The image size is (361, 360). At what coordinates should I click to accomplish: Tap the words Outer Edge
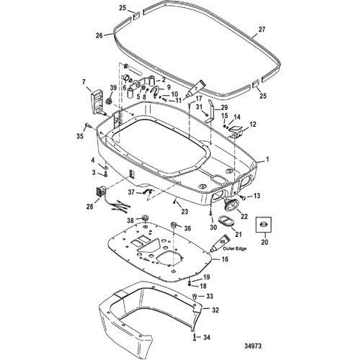point(234,248)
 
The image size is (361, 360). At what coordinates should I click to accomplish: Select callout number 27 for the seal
point(262,30)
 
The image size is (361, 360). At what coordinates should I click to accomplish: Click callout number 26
point(99,35)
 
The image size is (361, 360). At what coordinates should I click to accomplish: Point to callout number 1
point(267,159)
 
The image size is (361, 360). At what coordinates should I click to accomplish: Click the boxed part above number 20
point(263,225)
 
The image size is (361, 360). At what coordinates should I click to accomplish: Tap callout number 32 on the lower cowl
point(215,310)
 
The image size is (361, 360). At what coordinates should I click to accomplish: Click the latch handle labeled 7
point(97,103)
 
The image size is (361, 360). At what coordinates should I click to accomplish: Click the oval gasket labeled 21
point(226,221)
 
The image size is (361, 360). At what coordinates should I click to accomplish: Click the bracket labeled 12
point(236,132)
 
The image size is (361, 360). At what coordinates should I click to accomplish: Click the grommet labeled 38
point(146,218)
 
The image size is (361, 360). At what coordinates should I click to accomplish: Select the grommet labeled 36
point(174,225)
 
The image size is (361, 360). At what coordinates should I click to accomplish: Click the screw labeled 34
point(195,338)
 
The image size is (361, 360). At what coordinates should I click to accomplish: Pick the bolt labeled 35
point(87,125)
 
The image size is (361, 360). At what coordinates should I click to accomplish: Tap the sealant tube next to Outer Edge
point(220,243)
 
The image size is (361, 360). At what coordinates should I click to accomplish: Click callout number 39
point(113,88)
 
